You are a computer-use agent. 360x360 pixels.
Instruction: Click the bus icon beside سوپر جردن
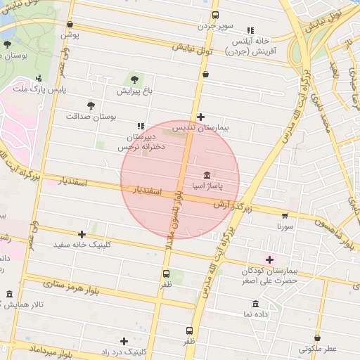click(x=214, y=15)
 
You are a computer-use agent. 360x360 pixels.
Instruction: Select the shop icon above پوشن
click(x=70, y=24)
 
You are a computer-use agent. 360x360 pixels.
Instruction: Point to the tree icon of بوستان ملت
click(x=7, y=44)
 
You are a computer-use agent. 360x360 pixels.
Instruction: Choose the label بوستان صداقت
click(x=90, y=116)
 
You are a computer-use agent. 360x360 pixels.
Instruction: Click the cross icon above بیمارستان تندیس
click(x=201, y=117)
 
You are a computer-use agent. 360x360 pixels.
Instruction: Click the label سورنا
click(x=285, y=227)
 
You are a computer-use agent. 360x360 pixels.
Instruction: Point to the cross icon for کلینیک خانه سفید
click(x=82, y=234)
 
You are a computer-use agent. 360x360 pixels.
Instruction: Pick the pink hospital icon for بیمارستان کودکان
click(x=269, y=259)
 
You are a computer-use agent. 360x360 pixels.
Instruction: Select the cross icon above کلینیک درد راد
click(x=124, y=341)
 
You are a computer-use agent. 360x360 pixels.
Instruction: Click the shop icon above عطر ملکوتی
click(x=318, y=338)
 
